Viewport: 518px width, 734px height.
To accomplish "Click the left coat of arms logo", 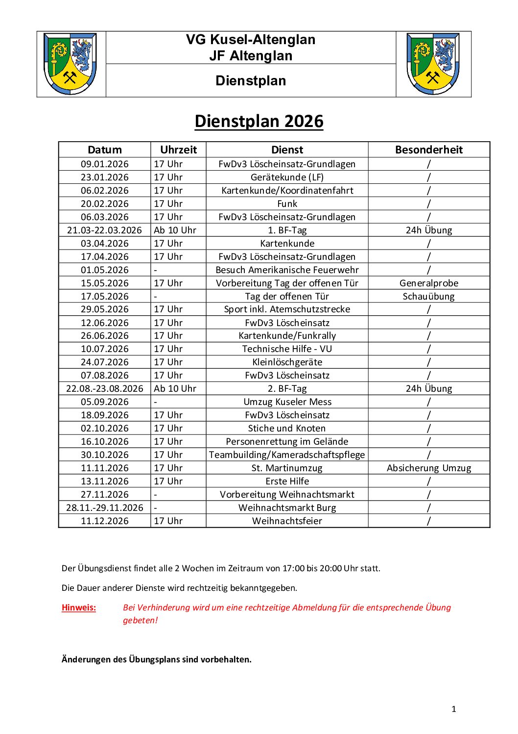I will coord(70,64).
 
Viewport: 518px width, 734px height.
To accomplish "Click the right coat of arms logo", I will coord(433,64).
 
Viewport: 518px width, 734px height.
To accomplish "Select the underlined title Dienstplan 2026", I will coord(259,121).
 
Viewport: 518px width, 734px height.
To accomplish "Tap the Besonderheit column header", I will coord(428,150).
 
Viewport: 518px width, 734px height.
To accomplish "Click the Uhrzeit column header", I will coord(178,150).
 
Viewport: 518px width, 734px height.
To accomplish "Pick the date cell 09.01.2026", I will coord(105,164).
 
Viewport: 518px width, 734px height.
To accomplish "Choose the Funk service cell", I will coord(287,203).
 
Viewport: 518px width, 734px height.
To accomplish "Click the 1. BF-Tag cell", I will coord(287,230).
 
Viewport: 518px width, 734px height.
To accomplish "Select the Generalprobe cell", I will coord(428,283).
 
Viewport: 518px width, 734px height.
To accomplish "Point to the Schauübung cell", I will coord(428,296).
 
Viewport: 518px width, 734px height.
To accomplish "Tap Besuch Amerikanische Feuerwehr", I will coord(287,270).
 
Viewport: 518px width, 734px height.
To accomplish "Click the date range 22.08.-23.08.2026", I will coord(105,388).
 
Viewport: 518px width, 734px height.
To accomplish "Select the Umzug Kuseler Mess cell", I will coord(287,402).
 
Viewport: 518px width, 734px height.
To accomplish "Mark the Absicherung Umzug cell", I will coord(428,468).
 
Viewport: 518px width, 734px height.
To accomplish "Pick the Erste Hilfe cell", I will coord(287,481).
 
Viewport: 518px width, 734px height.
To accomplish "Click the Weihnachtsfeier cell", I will coord(287,521).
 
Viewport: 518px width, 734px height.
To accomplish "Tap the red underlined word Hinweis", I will coord(79,607).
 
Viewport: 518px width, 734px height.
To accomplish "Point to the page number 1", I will coord(453,709).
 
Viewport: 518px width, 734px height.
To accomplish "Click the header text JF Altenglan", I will coord(251,56).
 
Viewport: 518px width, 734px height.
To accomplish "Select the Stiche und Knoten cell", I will coord(287,428).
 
